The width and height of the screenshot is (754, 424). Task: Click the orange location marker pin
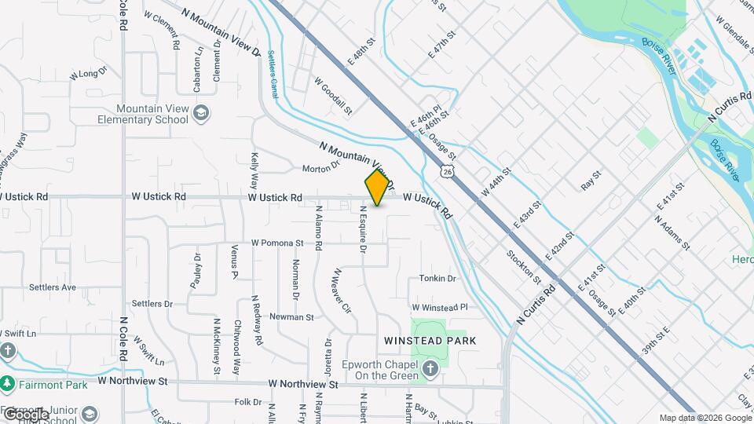tap(378, 187)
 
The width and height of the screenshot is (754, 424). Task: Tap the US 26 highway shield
tap(447, 170)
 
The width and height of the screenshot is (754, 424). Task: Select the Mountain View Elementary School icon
tap(202, 114)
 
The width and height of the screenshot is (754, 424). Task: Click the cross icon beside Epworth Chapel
tap(430, 369)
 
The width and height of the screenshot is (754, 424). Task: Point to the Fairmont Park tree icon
tap(7, 383)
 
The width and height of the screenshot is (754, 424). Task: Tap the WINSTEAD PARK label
tap(430, 341)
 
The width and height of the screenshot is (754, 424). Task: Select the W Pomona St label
tap(277, 243)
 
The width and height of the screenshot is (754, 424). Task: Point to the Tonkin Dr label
tap(437, 279)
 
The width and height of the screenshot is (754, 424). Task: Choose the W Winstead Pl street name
tap(440, 307)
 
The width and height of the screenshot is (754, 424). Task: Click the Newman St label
tap(291, 317)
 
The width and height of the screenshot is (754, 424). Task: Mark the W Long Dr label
tap(88, 75)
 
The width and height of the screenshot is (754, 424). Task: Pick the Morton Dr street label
tap(320, 167)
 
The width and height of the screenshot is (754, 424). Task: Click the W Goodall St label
tap(333, 95)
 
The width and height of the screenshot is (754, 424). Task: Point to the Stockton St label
tap(524, 266)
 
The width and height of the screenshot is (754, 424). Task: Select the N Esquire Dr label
tap(363, 229)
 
